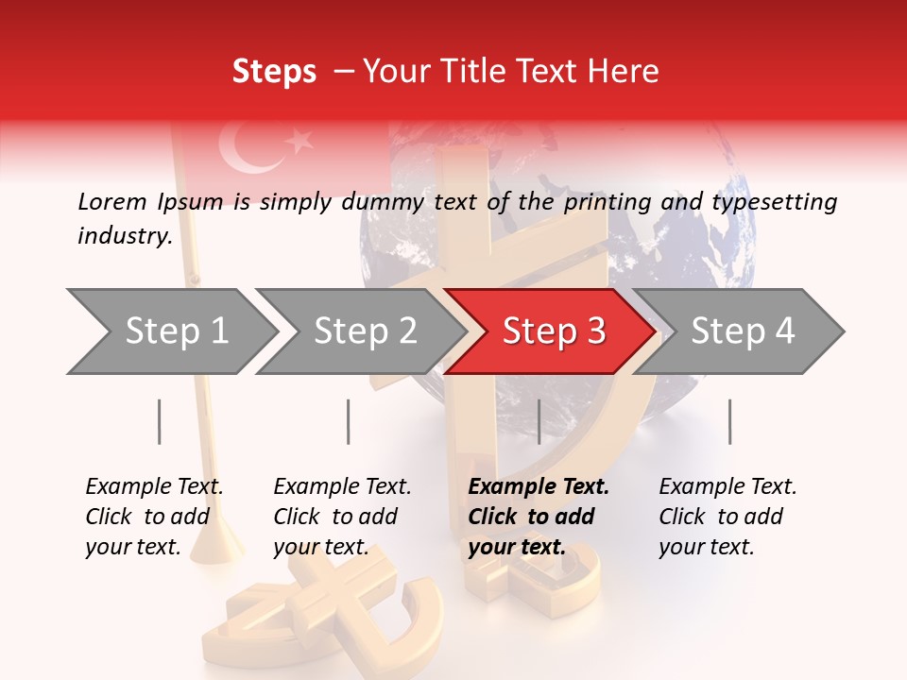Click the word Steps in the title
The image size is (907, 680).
click(x=274, y=71)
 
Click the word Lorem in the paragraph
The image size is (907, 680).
click(x=111, y=201)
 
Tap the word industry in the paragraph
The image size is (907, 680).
click(x=124, y=236)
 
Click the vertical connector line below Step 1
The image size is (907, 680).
click(x=160, y=421)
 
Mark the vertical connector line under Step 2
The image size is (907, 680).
click(x=349, y=421)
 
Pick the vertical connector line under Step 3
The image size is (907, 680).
click(x=539, y=421)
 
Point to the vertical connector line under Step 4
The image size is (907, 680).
click(x=729, y=421)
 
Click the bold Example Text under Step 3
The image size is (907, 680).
click(x=539, y=487)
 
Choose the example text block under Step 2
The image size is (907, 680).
click(x=343, y=517)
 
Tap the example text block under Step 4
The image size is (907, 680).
click(x=727, y=517)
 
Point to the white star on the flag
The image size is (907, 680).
click(x=299, y=142)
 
